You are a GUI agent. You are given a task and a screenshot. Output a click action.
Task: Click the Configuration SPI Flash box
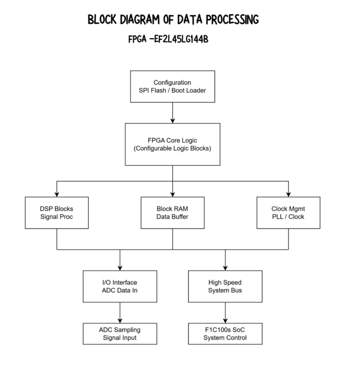coord(172,86)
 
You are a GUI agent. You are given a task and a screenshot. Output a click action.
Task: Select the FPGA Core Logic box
coord(172,144)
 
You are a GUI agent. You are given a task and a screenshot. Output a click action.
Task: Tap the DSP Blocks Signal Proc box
coord(57,212)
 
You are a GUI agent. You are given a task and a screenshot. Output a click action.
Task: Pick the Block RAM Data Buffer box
coord(172,212)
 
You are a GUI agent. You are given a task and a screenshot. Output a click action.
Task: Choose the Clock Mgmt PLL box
coord(288,212)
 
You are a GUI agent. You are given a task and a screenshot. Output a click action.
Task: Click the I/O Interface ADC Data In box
coord(120,286)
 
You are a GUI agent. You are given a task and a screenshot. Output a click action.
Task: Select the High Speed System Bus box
coord(225,286)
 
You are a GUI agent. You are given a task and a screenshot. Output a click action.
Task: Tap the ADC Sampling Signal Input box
coord(120,334)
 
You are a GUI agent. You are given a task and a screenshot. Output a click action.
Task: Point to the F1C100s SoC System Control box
coord(225,334)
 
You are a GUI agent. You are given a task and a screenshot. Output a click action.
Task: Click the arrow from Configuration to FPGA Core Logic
coord(172,112)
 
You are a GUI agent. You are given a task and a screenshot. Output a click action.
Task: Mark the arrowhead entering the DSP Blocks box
coord(57,194)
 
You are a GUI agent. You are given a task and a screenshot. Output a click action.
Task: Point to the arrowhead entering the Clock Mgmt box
coord(288,194)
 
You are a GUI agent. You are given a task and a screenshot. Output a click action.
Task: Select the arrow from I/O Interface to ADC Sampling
coord(120,312)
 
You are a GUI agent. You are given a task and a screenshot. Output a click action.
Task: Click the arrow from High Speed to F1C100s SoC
coord(225,312)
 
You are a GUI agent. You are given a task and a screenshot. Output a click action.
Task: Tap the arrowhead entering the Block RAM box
coord(172,194)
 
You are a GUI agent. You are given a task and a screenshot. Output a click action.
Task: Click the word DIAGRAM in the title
coord(144,20)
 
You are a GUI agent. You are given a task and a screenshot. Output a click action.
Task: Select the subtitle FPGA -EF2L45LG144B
coord(168,39)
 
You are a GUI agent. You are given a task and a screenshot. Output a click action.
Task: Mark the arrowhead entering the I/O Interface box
coord(120,268)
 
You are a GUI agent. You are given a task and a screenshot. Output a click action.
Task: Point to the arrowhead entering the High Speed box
coord(225,268)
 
